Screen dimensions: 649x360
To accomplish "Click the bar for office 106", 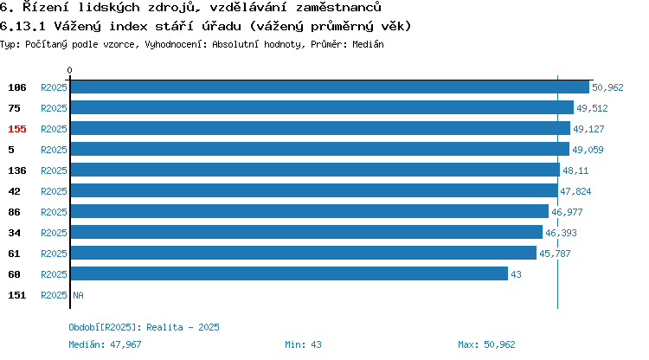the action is tap(330, 87).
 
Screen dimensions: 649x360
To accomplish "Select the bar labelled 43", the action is tap(289, 274).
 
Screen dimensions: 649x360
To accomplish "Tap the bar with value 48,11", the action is tap(315, 170).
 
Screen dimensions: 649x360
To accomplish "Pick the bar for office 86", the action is tap(310, 211).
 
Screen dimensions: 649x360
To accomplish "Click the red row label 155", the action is tap(17, 129).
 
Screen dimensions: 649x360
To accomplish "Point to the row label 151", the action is tap(17, 295).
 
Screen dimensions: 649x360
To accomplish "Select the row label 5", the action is tap(11, 150).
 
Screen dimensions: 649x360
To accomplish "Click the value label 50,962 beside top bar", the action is tap(607, 87).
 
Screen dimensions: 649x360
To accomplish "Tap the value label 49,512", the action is tap(592, 108).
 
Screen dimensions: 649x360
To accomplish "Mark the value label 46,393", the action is tap(561, 233).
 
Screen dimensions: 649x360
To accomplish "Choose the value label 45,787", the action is tap(555, 254).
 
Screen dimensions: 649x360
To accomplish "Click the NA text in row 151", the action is tap(78, 295).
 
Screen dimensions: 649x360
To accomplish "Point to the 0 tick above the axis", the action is tap(69, 70).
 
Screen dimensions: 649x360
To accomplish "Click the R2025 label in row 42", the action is tap(54, 191).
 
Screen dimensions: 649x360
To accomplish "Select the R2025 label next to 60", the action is tap(54, 274).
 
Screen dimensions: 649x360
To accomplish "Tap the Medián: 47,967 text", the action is tap(105, 344).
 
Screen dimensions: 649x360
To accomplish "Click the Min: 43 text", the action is tap(303, 344).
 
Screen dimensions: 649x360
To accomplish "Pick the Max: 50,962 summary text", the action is tap(486, 344).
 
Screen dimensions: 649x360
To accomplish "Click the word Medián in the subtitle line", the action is tap(368, 44).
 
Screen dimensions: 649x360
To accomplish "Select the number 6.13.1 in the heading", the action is tap(22, 26).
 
